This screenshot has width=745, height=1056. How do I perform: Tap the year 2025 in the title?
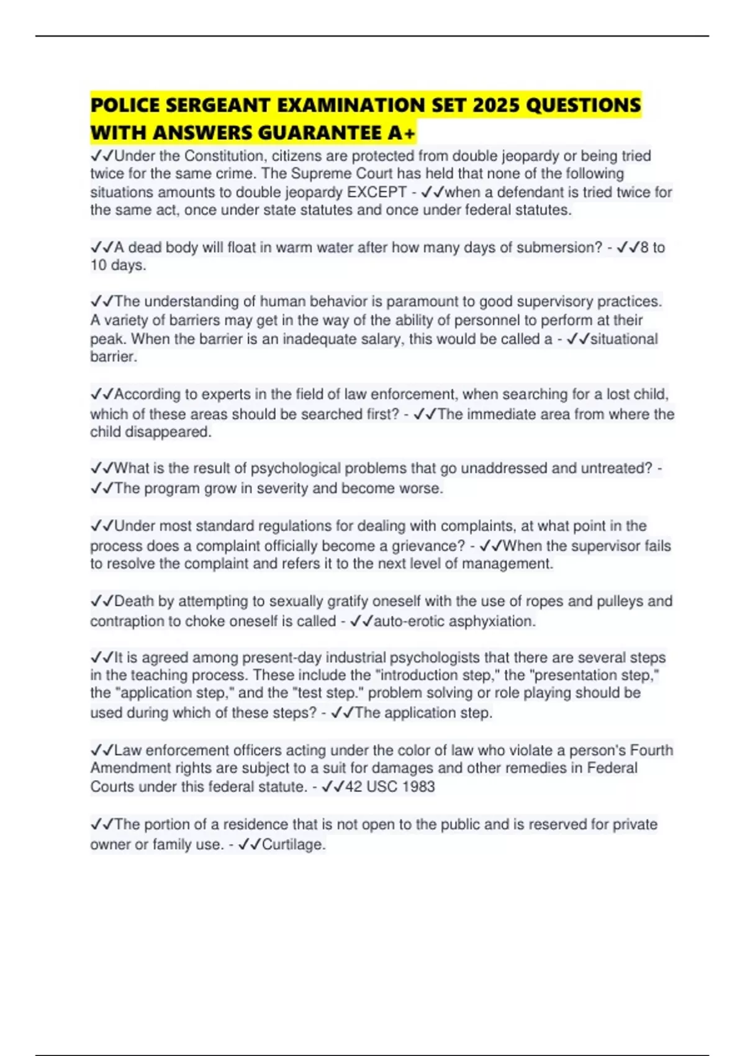click(495, 105)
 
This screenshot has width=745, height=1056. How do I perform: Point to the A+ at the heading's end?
click(401, 132)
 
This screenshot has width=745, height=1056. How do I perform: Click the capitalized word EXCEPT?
click(377, 192)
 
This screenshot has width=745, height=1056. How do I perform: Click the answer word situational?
click(623, 339)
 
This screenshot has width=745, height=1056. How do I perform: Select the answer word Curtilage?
click(293, 844)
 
